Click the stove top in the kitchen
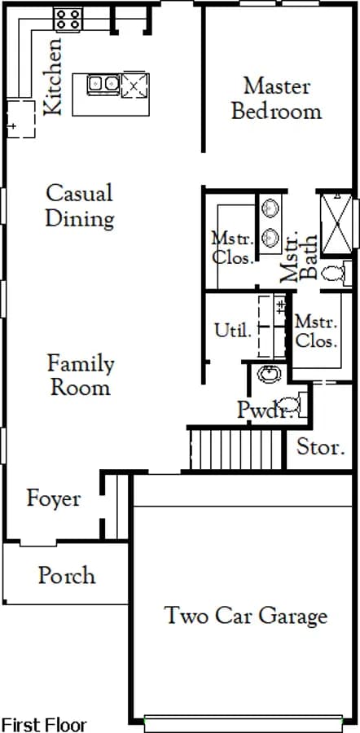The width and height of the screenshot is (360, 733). coord(68,20)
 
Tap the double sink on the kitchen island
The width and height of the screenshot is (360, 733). coord(103,84)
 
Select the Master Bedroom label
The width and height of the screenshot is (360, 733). coord(277,99)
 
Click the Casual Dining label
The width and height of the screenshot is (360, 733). coord(80,206)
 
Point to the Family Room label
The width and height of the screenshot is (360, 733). coord(81,375)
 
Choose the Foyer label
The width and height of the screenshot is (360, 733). coord(53,499)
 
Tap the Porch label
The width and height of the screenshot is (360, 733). coord(67,576)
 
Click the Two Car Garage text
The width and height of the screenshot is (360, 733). coord(246,615)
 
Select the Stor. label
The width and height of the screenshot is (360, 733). coord(321,447)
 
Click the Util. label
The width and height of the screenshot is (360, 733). coord(233,331)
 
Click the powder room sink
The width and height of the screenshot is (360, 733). coord(270,374)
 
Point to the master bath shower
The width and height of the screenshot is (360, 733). coord(336,225)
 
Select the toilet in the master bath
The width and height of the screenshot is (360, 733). coord(336,273)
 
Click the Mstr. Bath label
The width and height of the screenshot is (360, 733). coord(298,257)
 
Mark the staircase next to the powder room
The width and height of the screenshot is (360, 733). coord(236,450)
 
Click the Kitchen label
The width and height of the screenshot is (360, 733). coord(53,77)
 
